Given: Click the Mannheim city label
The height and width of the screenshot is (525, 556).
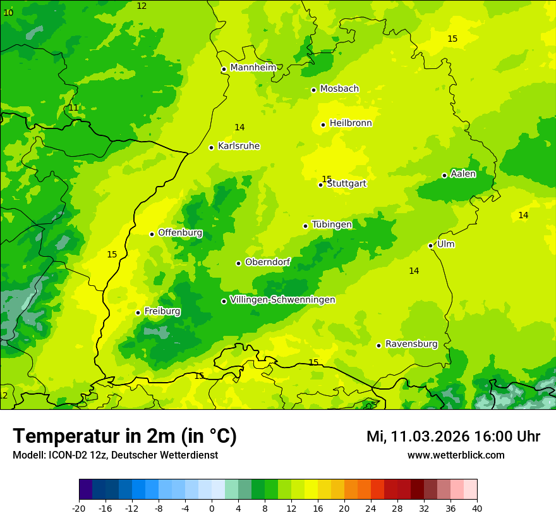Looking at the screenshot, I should point(253,68).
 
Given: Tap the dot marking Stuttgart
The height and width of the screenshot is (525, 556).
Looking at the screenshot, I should point(320,185).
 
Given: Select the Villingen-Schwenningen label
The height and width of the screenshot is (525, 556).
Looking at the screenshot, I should point(282,300).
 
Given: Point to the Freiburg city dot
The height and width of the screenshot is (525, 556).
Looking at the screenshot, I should point(138,312).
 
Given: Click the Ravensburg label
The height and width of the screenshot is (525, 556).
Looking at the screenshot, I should point(411,344).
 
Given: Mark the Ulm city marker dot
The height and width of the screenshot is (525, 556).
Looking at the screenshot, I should point(430,245).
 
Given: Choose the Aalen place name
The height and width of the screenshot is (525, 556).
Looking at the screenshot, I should point(463,174).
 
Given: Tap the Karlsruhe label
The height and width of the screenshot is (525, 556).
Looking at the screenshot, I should point(238,146).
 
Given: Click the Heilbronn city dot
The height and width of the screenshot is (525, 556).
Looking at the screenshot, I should point(323,125).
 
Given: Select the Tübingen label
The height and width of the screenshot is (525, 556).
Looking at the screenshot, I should point(332,225).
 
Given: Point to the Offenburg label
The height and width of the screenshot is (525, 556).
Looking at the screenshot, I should point(180,233).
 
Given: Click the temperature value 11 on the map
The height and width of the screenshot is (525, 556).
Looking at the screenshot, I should point(73,108).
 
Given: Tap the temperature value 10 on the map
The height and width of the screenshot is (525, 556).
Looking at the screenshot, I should point(8,13).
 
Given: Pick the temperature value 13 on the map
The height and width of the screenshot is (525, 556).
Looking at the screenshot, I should point(199,376).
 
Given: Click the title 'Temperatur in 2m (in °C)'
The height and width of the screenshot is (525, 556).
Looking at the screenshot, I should point(124,436).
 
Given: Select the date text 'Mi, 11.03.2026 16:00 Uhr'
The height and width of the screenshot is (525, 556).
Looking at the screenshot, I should point(453,436).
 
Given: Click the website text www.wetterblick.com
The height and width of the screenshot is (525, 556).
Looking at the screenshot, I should point(456,455).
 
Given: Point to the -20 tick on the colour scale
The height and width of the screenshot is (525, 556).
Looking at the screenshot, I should point(79,508).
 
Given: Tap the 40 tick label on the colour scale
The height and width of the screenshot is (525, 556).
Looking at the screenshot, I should point(476,508).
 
